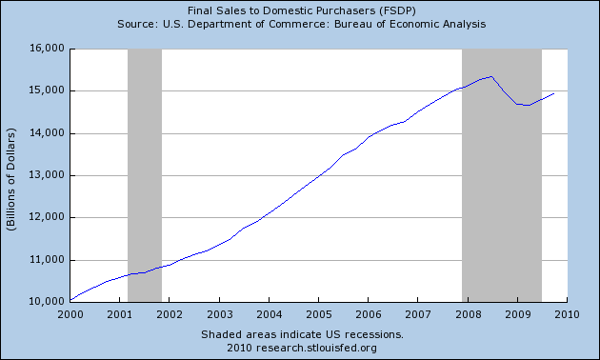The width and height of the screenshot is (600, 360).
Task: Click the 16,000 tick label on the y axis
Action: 47,49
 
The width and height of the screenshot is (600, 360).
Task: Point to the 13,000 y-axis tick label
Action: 47,175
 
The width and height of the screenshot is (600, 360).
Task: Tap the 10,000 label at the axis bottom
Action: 47,302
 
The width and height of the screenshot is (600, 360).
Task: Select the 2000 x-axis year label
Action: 70,314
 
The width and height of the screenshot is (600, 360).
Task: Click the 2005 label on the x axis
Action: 318,314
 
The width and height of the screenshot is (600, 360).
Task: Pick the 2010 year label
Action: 567,314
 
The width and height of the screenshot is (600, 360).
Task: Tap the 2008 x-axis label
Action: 468,314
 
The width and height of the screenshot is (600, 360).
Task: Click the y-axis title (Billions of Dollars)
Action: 11,179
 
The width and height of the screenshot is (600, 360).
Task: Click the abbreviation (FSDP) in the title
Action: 397,10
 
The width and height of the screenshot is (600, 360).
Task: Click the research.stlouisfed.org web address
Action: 316,348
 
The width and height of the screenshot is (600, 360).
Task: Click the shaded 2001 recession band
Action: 145,175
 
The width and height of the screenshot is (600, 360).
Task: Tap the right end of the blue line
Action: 554,93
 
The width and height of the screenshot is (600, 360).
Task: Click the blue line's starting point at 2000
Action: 70,300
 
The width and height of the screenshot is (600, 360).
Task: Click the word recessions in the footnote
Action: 374,334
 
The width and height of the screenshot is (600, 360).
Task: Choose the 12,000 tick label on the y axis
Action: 47,217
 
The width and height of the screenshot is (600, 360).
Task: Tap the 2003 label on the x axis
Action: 219,314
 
